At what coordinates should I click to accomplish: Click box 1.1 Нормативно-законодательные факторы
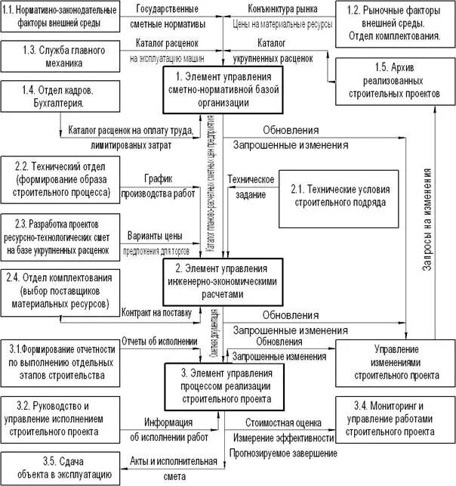tap(60, 16)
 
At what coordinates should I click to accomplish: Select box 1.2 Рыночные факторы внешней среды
tap(394, 22)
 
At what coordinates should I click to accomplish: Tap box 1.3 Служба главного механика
tap(60, 57)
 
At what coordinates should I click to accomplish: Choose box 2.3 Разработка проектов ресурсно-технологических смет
tap(60, 236)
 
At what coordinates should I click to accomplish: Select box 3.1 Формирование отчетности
tap(60, 361)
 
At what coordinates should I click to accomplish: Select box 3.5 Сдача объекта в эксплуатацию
tap(60, 469)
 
